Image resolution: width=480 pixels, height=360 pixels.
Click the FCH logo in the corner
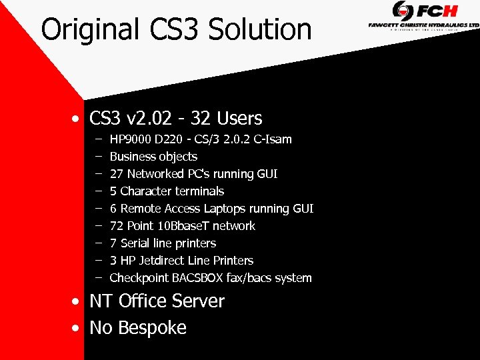point(425,11)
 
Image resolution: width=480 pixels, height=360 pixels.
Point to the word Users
point(239,119)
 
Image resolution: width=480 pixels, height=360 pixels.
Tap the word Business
point(132,157)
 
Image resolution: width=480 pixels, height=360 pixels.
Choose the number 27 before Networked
point(117,174)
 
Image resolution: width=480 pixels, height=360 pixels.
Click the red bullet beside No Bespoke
point(78,329)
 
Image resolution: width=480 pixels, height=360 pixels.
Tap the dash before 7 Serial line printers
point(98,243)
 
